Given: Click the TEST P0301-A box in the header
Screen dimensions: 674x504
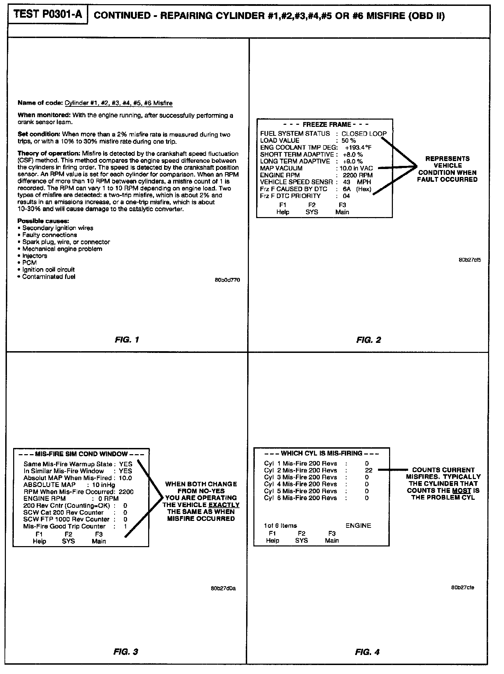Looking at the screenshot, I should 47,16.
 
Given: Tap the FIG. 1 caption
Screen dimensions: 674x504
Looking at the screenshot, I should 127,340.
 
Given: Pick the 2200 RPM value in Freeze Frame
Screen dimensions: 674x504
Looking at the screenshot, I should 355,175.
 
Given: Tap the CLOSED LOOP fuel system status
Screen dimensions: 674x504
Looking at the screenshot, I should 364,134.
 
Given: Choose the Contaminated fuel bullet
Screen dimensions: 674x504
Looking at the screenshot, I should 48,277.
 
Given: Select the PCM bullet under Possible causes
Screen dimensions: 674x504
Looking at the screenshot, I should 29,263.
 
